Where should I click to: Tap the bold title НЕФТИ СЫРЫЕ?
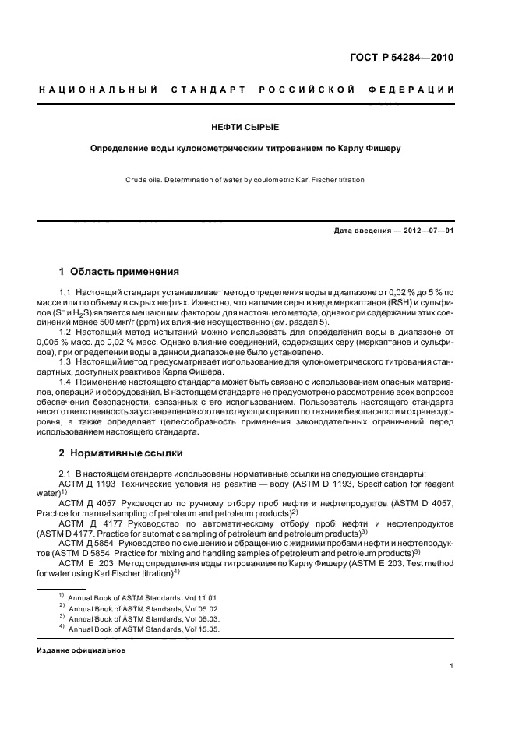pos(245,126)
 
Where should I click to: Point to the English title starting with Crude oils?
pos(245,180)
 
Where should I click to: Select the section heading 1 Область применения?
pos(119,272)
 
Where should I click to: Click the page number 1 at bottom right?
pos(452,665)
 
